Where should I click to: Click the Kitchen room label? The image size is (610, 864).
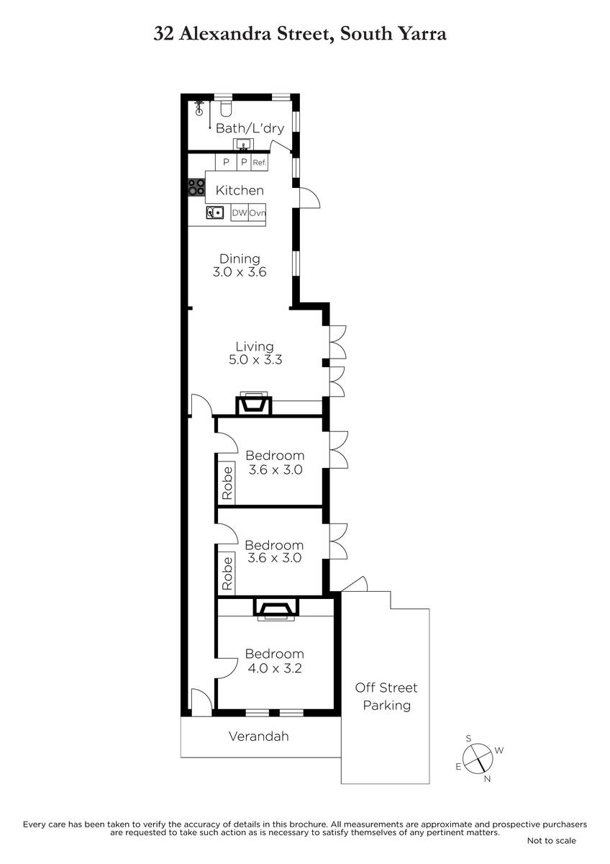coord(240,190)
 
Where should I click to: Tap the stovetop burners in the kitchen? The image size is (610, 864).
coord(196,187)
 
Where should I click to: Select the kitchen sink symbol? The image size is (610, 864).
coord(215,212)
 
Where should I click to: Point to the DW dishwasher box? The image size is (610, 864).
coord(240,212)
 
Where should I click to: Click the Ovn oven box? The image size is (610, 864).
coord(257,212)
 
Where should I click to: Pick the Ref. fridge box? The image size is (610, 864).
coord(260,163)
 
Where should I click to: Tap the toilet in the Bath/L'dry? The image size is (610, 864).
coord(225,109)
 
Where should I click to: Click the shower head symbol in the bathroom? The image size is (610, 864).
coord(199,108)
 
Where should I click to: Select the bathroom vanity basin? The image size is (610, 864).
coord(243,145)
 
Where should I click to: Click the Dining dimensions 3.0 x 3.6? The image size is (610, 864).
coord(240,272)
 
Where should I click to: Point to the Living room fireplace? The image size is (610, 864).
coord(254,404)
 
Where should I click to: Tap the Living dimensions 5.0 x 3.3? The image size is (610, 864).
coord(255,359)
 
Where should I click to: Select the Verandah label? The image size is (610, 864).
coord(258,737)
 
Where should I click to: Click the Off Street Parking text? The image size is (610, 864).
coord(386,696)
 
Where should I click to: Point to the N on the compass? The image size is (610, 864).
coord(487,779)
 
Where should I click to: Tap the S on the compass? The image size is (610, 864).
coord(468,738)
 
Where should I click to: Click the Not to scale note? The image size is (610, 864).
coord(552,840)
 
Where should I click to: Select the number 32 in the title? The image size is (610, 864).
coord(163,34)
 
